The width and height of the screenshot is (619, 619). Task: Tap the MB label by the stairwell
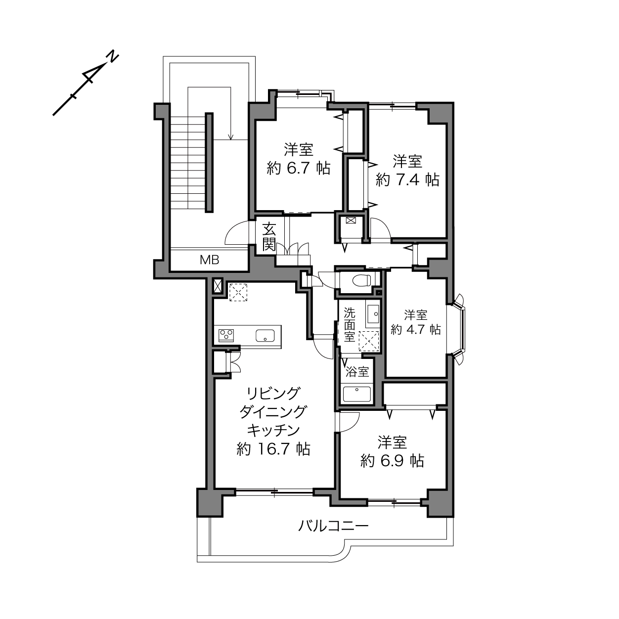(x=210, y=260)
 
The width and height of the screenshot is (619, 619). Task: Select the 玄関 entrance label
(x=269, y=238)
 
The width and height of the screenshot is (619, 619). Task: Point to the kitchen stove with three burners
(x=226, y=335)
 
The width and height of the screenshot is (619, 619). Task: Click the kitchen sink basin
(x=265, y=336)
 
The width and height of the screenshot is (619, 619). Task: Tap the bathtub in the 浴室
(x=357, y=394)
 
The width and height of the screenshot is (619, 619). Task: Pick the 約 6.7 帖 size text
(x=299, y=168)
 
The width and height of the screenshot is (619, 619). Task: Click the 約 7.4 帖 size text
(x=407, y=179)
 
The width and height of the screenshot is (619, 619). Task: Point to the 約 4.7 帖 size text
(x=416, y=330)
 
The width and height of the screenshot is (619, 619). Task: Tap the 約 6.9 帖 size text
(x=392, y=461)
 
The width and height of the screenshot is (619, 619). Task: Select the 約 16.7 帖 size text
(x=273, y=449)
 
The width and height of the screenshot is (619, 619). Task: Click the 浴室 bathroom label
(x=357, y=372)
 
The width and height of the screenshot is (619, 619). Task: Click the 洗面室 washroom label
(x=350, y=325)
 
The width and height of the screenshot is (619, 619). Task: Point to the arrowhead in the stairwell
(x=230, y=137)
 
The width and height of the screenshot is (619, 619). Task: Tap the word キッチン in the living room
(x=273, y=431)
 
